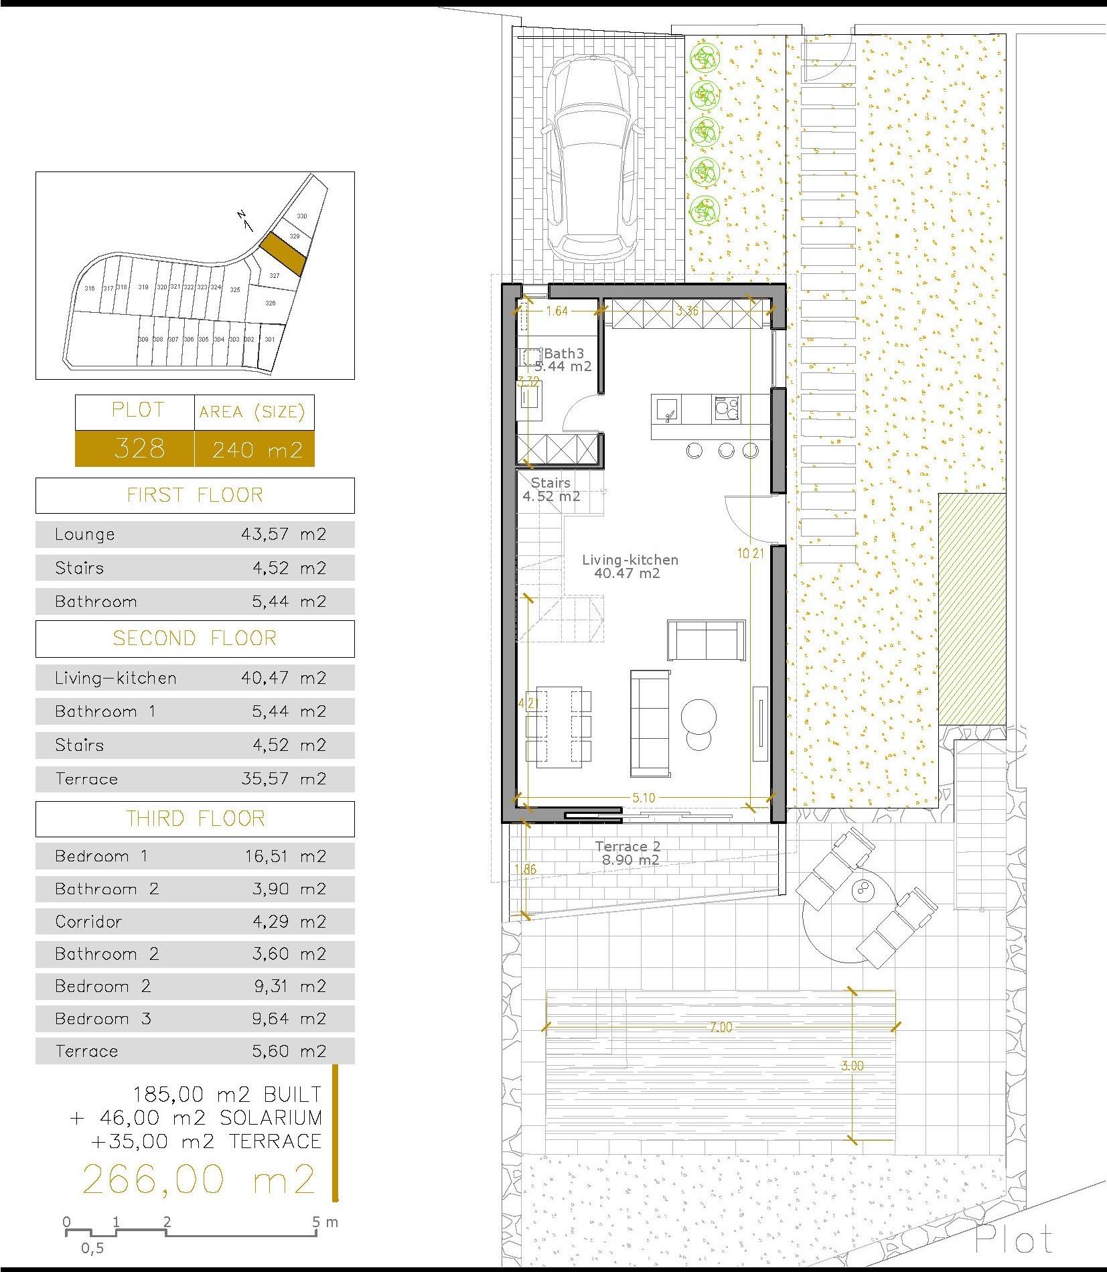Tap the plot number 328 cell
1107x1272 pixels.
point(139,448)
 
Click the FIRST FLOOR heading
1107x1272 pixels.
point(195,495)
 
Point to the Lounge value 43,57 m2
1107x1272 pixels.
point(283,535)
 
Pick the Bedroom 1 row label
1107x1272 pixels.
point(101,856)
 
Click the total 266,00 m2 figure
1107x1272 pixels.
point(198,1180)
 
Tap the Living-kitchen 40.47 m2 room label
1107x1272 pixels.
point(630,566)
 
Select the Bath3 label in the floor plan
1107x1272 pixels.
point(564,354)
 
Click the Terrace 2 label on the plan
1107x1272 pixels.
point(629,847)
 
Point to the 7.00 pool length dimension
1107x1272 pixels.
point(721,1027)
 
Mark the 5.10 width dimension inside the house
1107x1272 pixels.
point(644,798)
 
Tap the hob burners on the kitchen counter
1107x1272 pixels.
point(727,408)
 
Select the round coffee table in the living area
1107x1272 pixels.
point(699,717)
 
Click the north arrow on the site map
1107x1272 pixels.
point(244,220)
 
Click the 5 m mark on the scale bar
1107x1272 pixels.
point(316,1222)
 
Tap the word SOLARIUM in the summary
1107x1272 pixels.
point(271,1117)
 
